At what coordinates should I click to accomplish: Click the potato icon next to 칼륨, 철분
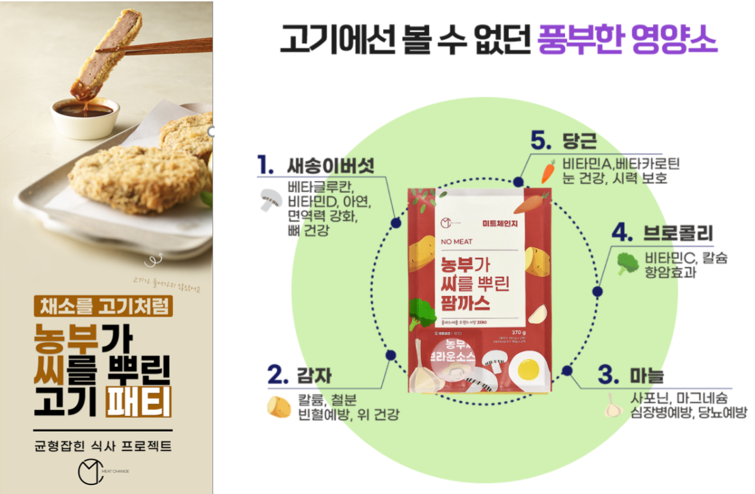tap(278, 407)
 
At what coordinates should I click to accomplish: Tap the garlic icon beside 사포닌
tap(613, 408)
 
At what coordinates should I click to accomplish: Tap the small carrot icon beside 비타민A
tap(548, 171)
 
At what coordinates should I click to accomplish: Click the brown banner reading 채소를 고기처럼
tap(103, 305)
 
